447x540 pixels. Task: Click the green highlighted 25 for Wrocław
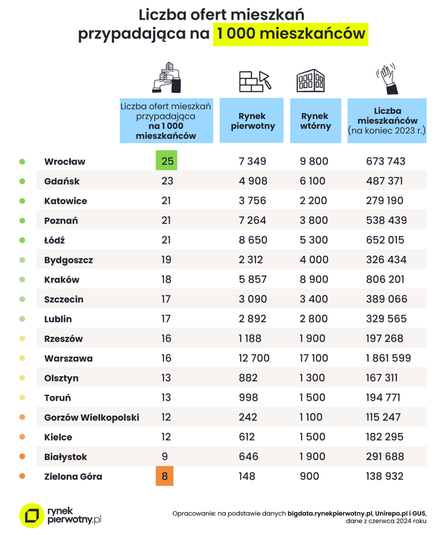[x=166, y=160]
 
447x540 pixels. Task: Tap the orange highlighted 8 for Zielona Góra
[x=165, y=476]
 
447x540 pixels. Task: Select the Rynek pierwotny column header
[x=252, y=120]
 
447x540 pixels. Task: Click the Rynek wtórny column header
[x=315, y=120]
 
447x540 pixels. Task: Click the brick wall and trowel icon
[x=255, y=81]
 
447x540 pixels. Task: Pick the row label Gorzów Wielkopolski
[x=92, y=417]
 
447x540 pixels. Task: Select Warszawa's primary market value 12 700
[x=254, y=358]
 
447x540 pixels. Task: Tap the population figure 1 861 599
[x=389, y=358]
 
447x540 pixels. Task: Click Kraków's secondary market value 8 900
[x=314, y=279]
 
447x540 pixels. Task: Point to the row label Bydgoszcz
[x=68, y=260]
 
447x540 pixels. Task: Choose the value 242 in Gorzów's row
[x=248, y=417]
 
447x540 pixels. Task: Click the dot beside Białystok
[x=22, y=456]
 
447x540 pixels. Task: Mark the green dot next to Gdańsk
[x=22, y=181]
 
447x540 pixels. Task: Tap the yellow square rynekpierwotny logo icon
[x=32, y=515]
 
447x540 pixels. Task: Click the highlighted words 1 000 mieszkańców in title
[x=291, y=34]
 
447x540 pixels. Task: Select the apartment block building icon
[x=310, y=81]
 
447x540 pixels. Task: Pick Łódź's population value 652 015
[x=385, y=240]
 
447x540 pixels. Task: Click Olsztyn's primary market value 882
[x=248, y=378]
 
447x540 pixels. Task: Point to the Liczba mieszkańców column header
[x=387, y=120]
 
